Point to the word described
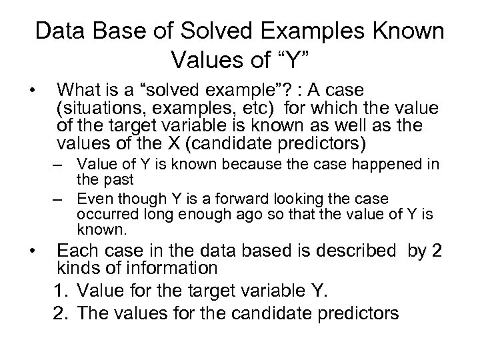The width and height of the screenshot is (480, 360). point(340,250)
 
